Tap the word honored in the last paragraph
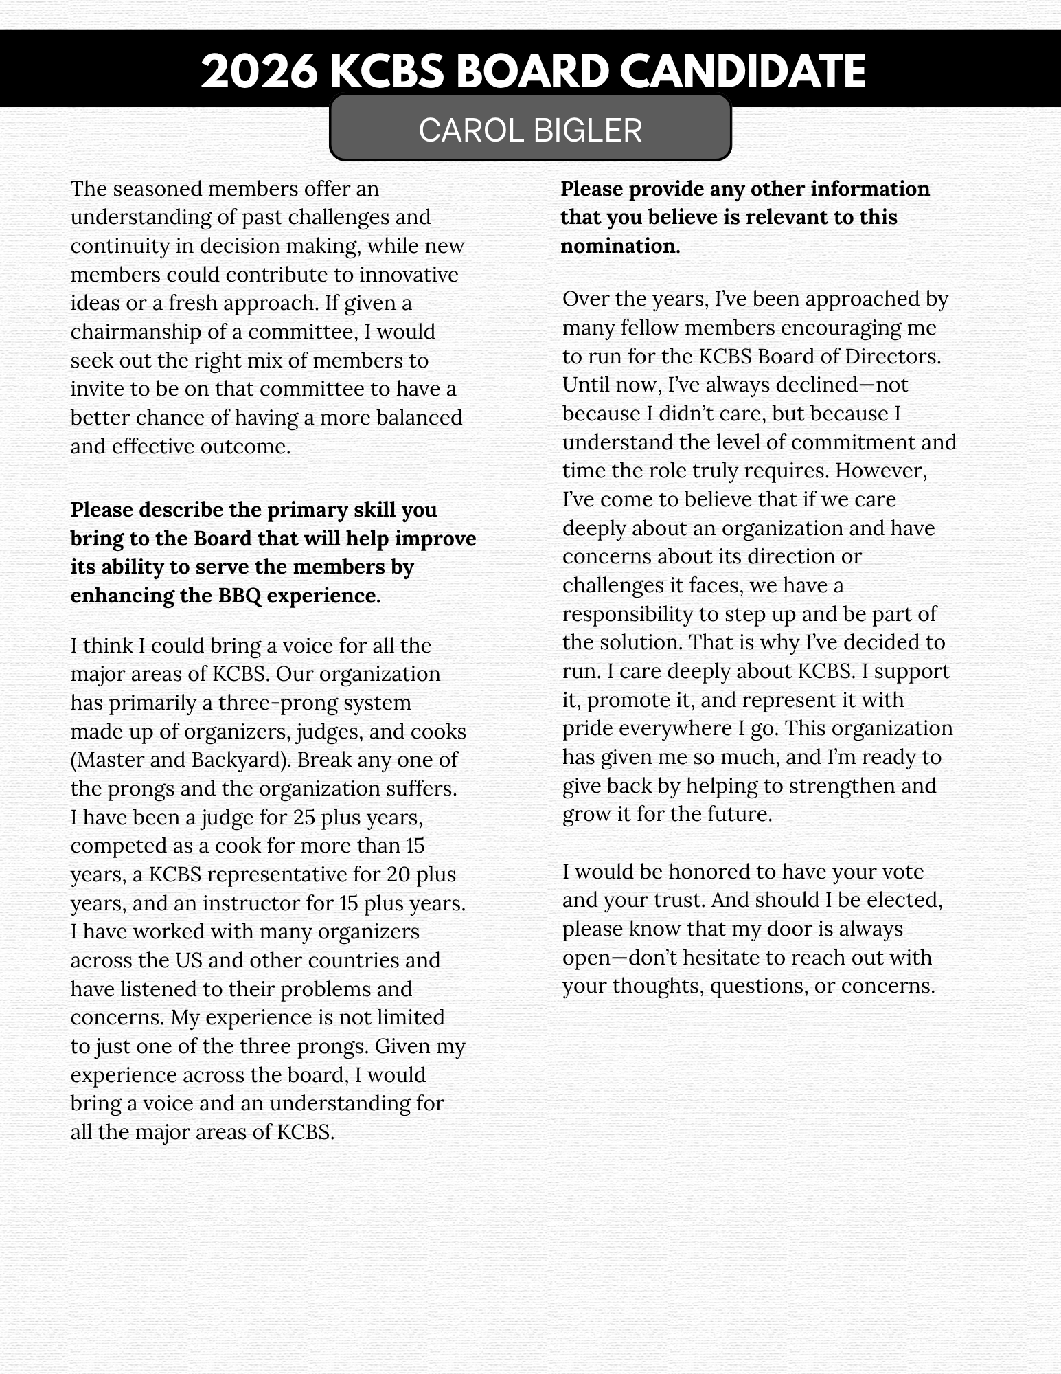point(709,872)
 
